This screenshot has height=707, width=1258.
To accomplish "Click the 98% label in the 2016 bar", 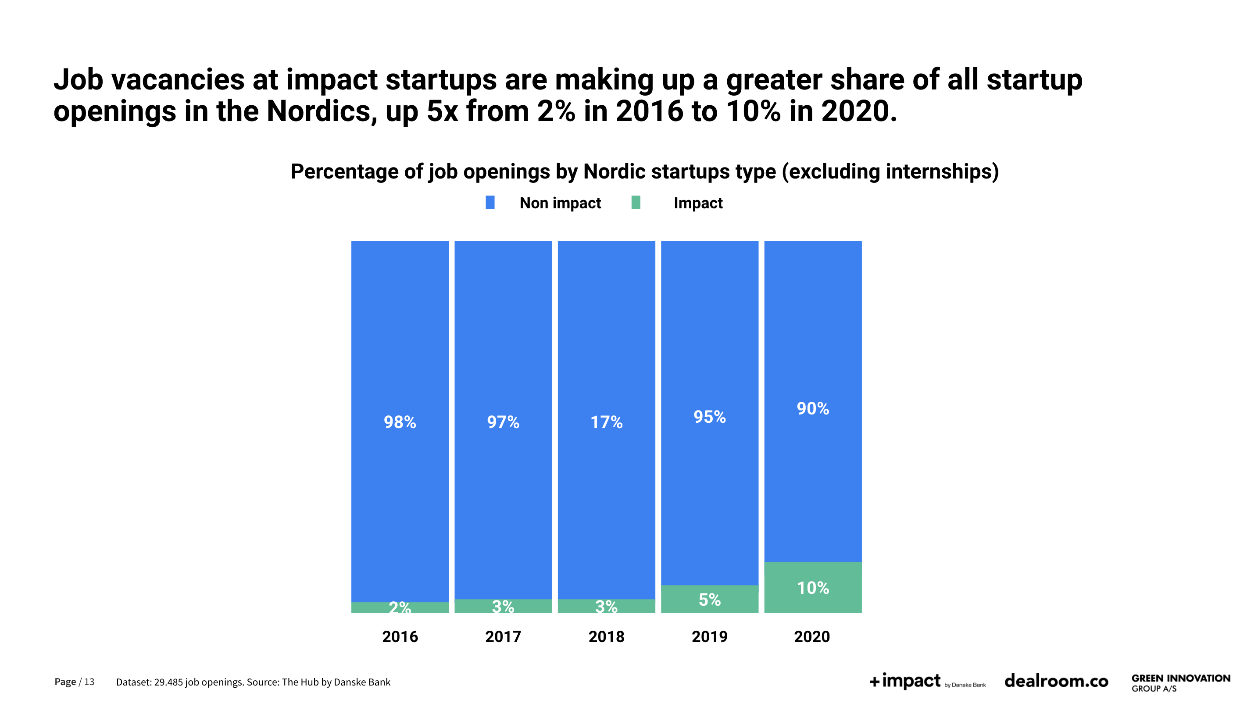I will coord(400,422).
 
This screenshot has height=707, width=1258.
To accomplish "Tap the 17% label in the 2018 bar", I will coord(606,422).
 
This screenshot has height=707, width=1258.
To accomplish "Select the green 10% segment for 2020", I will coord(813,587).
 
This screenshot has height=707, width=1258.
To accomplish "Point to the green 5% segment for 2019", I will coord(710,599).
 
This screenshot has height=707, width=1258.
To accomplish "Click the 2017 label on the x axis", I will coord(503,637).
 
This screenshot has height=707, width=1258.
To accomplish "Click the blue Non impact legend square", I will coord(490,203).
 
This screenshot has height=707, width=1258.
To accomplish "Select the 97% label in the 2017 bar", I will coord(503,422).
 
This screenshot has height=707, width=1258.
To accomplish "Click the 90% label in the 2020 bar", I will coord(813,408).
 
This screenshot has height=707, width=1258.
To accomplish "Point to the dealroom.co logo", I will coord(1056,681).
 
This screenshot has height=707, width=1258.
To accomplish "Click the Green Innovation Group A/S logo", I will coord(1180,682).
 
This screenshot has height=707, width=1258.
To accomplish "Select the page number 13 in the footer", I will coord(89,682).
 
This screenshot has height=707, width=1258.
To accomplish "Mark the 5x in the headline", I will coord(442,111).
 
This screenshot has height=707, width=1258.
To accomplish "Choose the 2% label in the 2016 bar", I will coord(400,607).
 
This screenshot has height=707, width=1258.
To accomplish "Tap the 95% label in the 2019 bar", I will coord(710,417).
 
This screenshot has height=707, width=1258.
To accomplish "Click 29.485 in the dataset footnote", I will coord(168,682).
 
